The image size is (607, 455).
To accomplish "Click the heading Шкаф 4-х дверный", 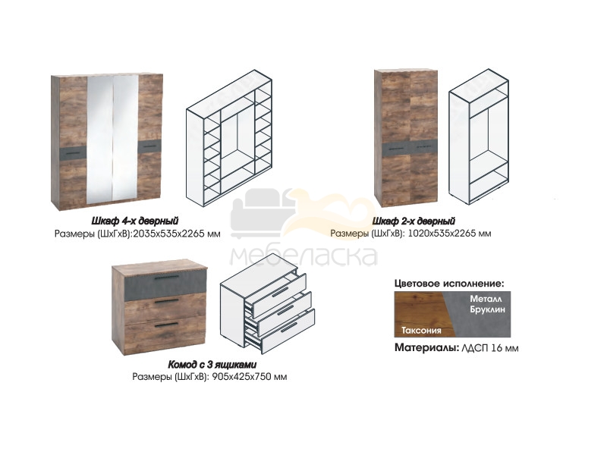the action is point(135,221).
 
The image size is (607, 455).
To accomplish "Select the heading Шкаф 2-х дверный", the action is point(414,221).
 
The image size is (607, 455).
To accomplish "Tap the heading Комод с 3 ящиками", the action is point(212,365).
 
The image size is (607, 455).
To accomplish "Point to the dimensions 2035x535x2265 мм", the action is point(177,234).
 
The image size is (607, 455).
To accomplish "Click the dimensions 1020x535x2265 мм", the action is point(450,234).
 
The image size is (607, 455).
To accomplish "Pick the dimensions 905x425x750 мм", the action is point(250,377).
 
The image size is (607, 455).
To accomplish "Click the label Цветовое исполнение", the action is point(449,284).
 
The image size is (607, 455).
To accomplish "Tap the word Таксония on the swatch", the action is point(421,331).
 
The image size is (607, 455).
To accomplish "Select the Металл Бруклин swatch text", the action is point(487,304).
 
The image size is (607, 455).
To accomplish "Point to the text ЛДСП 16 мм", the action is point(489,348).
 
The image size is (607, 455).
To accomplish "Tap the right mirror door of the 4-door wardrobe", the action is point(125,138).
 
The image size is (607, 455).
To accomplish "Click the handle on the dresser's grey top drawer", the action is point(167,278).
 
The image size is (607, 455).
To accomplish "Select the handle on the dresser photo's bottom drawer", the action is point(166,325).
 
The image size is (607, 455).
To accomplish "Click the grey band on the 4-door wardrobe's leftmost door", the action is point(74,153).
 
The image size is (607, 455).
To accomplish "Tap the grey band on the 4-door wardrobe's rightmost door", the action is point(149,146).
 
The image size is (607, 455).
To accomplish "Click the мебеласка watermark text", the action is point(304,256).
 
